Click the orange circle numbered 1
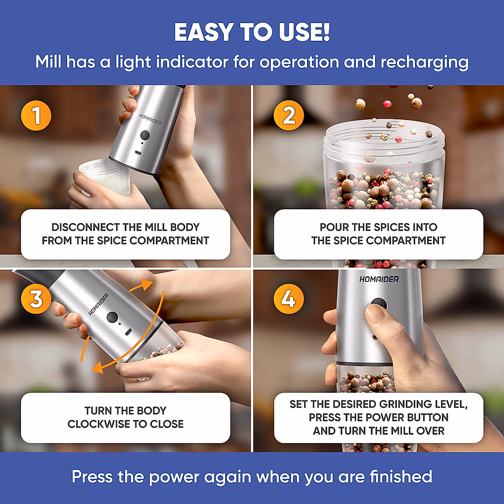(x=36, y=115)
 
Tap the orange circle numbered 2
(x=289, y=115)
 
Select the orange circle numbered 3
(x=36, y=299)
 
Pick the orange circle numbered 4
(x=289, y=299)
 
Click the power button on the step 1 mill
(x=145, y=136)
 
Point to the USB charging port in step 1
(x=138, y=153)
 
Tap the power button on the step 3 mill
(x=112, y=317)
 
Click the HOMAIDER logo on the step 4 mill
(x=379, y=279)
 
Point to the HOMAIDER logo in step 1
(x=150, y=119)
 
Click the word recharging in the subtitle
(x=424, y=63)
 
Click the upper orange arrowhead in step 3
(x=147, y=285)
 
